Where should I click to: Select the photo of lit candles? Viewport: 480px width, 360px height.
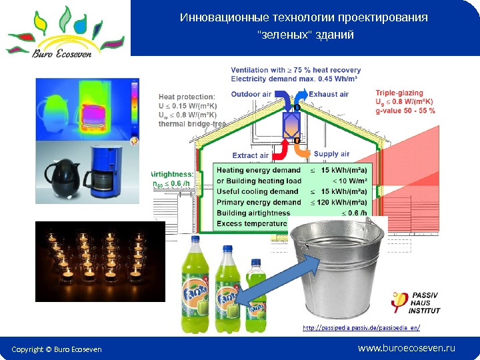(x=99, y=260)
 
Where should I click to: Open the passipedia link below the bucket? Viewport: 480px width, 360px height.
(x=361, y=328)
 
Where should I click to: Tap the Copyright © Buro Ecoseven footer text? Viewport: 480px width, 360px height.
(x=58, y=349)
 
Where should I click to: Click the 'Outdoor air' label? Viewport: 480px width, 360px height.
(x=251, y=95)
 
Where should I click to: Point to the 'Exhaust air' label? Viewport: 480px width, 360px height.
(x=329, y=95)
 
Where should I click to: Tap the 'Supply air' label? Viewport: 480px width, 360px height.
(x=331, y=154)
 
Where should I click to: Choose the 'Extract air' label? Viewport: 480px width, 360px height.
(x=251, y=155)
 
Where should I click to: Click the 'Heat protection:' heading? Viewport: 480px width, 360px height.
(x=186, y=96)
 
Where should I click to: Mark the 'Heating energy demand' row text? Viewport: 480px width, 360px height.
(x=258, y=171)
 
